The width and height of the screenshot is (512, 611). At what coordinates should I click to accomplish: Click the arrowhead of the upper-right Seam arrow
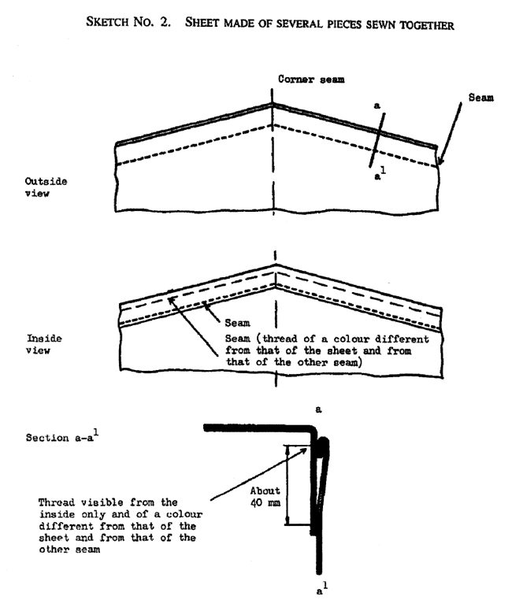tap(440, 165)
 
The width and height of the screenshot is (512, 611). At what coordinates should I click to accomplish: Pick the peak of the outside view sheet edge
tap(273, 105)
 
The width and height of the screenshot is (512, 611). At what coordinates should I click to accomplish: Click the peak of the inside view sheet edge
tap(273, 264)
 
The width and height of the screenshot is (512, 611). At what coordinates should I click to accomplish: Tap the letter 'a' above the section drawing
tap(317, 410)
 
